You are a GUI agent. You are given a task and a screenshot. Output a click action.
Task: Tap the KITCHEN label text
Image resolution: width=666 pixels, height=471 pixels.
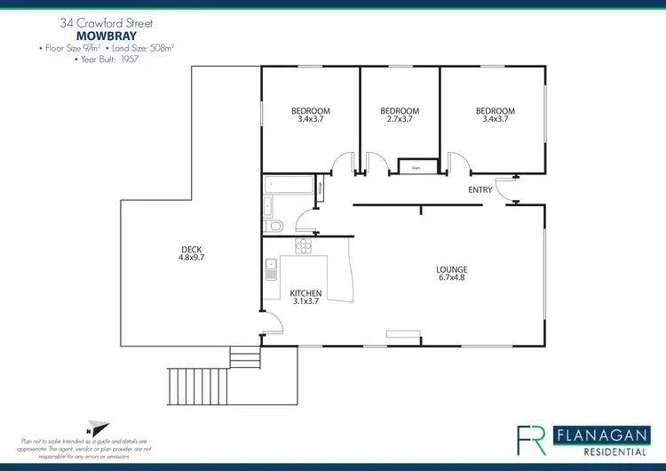click(305, 292)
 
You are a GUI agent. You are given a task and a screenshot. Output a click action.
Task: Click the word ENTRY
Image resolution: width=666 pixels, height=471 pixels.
click(480, 190)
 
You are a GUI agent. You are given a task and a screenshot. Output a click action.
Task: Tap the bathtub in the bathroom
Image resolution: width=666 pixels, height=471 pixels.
click(288, 186)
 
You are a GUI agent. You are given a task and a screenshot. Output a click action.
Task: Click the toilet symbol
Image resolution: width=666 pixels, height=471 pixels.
click(274, 226)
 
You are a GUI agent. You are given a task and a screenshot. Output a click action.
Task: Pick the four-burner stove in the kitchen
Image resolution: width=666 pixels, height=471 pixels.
click(305, 246)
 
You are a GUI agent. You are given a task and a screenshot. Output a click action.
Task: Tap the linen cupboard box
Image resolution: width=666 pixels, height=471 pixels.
click(409, 166)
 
